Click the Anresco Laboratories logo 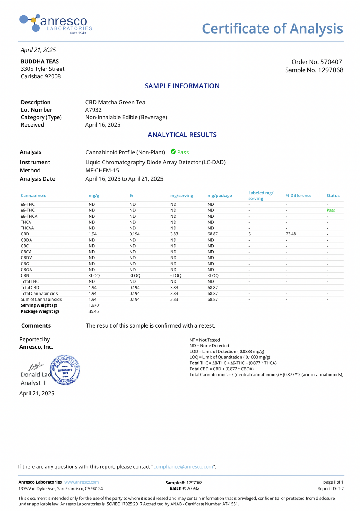point(56,23)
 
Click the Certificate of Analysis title point(272,29)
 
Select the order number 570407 point(316,62)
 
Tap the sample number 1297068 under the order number point(314,70)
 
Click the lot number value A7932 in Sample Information point(93,110)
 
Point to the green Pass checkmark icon point(173,152)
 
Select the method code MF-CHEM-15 point(102,170)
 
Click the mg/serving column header point(181,196)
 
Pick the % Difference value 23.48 point(291,234)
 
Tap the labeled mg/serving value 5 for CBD point(250,234)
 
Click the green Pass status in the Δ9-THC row point(331,210)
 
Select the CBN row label point(25,275)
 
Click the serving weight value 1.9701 point(94,305)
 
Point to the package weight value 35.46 point(94,311)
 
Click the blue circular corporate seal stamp point(65,370)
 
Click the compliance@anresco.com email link point(183,467)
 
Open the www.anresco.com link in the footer point(82,482)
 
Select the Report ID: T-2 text point(330,489)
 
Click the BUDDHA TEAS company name point(40,61)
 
